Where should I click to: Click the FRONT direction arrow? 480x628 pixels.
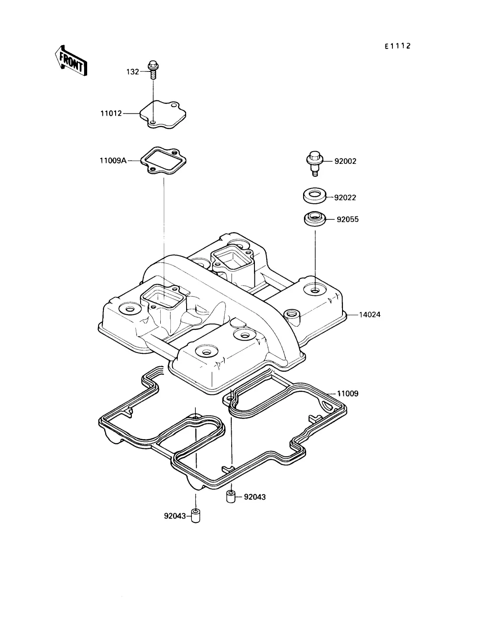(x=71, y=61)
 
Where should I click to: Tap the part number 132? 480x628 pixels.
(x=133, y=72)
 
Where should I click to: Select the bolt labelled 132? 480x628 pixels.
(x=153, y=70)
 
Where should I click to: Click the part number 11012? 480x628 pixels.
(x=111, y=113)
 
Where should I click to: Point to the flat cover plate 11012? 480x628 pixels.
(x=163, y=114)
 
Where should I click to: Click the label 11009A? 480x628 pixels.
(x=113, y=161)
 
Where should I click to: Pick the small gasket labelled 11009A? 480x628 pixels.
(x=163, y=161)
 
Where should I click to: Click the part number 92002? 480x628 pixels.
(x=345, y=161)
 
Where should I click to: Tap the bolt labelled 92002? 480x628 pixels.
(x=314, y=163)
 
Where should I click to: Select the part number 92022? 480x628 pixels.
(x=345, y=198)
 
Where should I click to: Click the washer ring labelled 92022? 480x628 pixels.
(x=314, y=196)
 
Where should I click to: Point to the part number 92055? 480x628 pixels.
(x=348, y=219)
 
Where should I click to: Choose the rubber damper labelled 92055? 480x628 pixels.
(x=315, y=219)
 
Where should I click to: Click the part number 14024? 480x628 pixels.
(x=370, y=315)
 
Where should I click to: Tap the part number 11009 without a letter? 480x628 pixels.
(x=348, y=394)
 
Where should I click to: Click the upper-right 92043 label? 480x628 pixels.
(x=254, y=497)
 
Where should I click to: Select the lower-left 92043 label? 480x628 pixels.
(x=175, y=516)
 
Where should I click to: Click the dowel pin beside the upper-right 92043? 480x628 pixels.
(x=230, y=496)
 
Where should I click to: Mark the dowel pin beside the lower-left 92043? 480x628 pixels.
(x=195, y=516)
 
